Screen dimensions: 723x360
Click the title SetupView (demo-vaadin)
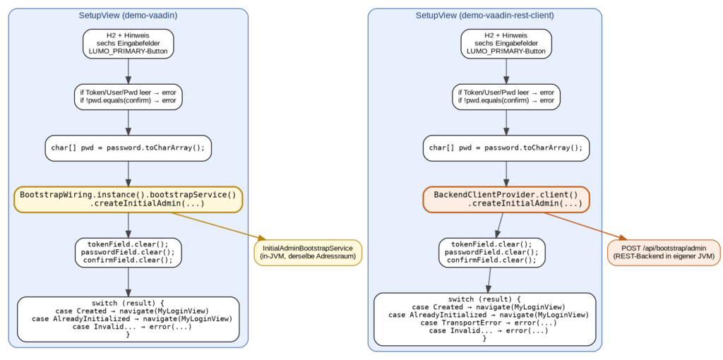coord(129,16)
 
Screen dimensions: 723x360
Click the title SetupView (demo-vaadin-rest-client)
coord(484,16)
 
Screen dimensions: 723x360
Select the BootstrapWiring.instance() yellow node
coord(129,200)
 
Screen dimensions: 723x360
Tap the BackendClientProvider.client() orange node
coord(506,200)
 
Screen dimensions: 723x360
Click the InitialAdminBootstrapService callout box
coord(308,253)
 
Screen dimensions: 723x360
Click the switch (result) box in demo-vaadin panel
coord(129,319)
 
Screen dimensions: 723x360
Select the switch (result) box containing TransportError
coord(484,319)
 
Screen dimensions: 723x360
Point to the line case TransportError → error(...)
coord(489,323)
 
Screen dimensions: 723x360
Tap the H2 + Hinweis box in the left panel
coord(129,44)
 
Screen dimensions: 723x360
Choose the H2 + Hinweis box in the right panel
coord(506,44)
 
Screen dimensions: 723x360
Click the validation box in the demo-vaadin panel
coord(129,97)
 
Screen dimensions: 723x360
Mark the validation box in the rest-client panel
coord(506,97)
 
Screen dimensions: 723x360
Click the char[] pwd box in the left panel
coord(129,148)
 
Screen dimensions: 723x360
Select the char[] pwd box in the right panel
coord(506,148)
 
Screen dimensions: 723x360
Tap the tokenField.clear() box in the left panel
coord(129,252)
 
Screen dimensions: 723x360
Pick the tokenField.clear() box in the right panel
coord(492,252)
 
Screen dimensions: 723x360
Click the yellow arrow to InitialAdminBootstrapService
coord(219,227)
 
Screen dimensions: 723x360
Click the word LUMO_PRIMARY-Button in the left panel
coord(129,51)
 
